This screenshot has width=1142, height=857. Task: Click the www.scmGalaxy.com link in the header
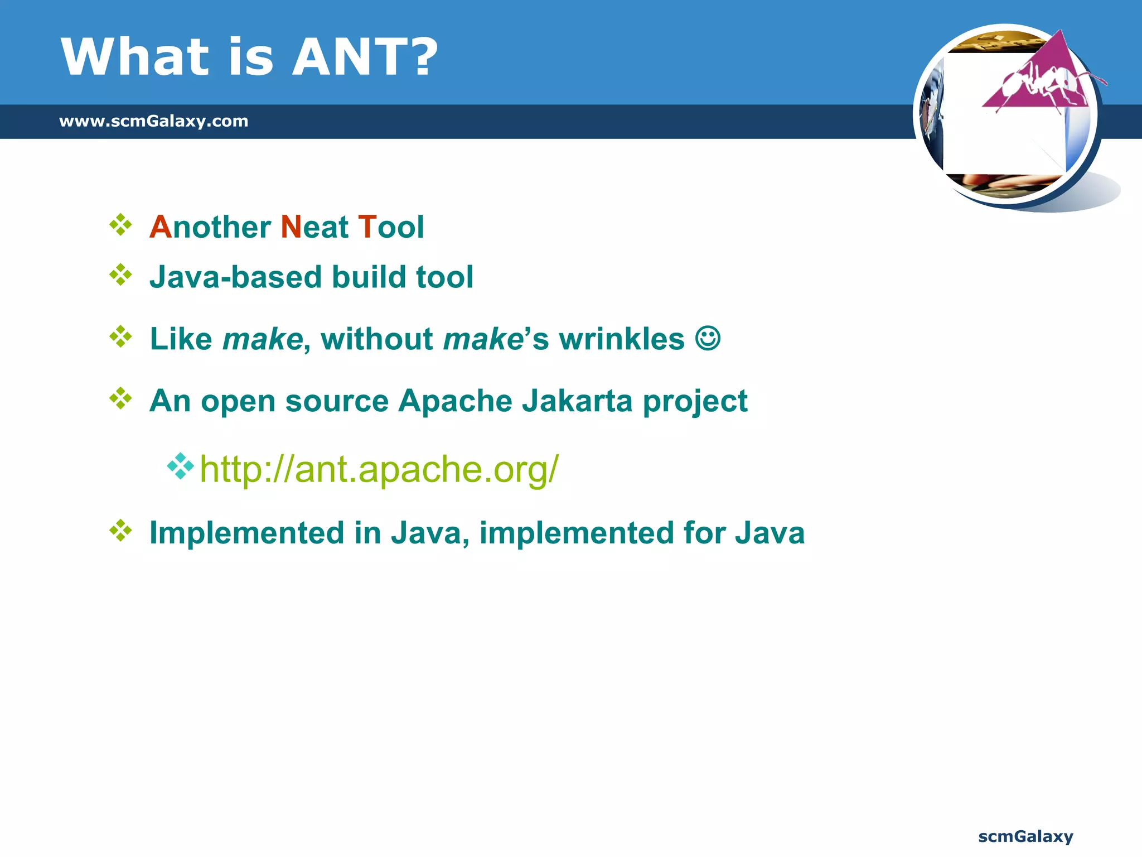coord(153,121)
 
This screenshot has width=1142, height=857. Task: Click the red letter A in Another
coord(160,227)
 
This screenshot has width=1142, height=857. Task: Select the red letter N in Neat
coord(291,227)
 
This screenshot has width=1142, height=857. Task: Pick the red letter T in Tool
coord(367,227)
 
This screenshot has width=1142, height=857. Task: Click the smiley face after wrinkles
coord(708,338)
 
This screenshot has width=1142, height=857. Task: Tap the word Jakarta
coord(577,401)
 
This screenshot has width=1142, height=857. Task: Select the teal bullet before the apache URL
coord(180,466)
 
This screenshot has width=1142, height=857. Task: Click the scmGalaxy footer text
coord(1025,836)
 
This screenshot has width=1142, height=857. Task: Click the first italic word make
coord(262,339)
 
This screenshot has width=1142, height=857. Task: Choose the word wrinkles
coord(621,339)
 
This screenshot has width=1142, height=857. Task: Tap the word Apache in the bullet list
coord(454,401)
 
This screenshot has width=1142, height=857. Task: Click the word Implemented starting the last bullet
coord(246,532)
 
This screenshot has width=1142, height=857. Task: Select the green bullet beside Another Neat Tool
coord(120,225)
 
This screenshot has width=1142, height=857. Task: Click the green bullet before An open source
coord(120,398)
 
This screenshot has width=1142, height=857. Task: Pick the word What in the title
coord(134,57)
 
